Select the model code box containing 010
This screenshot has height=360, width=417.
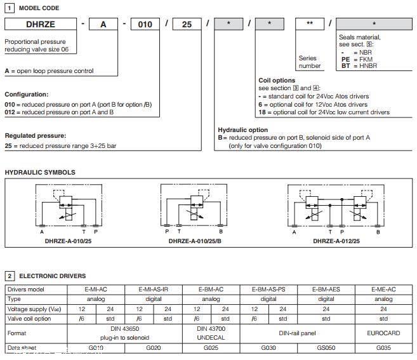(x=145, y=24)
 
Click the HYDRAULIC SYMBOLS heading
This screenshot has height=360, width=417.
(x=40, y=172)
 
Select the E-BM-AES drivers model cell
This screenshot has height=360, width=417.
(x=326, y=290)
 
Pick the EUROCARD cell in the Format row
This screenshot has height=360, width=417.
(x=383, y=332)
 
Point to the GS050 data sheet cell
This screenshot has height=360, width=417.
(x=326, y=348)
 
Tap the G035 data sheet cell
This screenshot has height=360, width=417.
(x=383, y=348)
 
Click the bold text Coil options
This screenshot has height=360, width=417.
(x=277, y=81)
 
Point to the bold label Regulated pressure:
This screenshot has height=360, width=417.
(x=35, y=136)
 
